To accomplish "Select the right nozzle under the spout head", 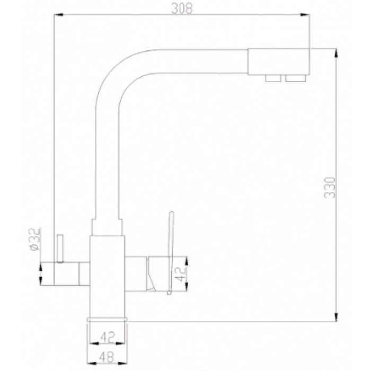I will pos(294,79).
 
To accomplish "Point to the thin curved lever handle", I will pos(171,238).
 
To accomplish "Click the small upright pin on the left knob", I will pos(60,248).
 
